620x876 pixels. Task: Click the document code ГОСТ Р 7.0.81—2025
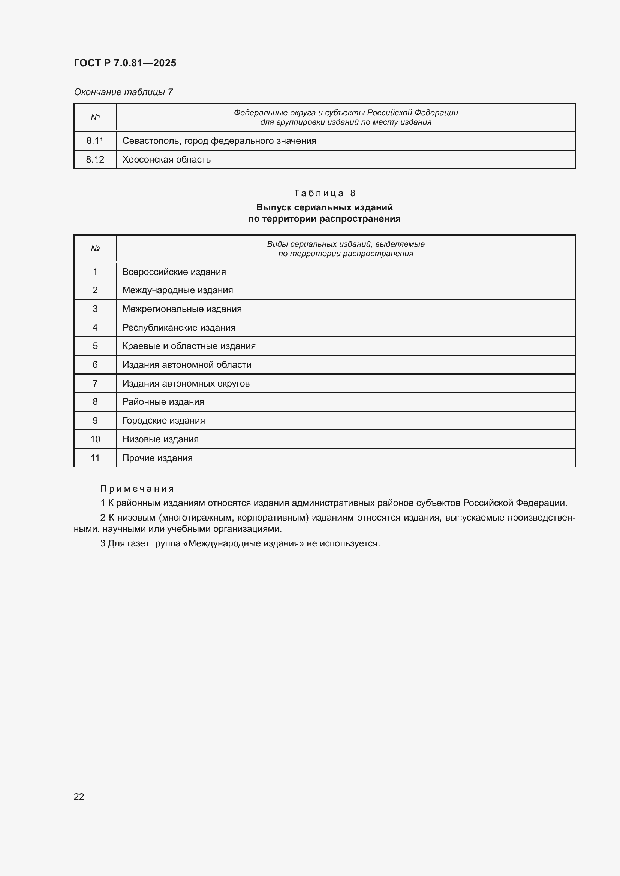[x=125, y=63]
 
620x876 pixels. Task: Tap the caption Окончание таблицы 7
[x=123, y=92]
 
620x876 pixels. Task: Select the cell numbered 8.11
[x=95, y=141]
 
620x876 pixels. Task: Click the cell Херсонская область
[x=166, y=160]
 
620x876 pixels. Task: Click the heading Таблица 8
[x=324, y=193]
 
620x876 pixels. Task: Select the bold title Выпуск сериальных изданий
[x=324, y=207]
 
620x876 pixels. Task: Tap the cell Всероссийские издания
[x=174, y=272]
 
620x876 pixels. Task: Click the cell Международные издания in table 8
[x=178, y=290]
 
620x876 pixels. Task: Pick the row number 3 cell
[x=95, y=309]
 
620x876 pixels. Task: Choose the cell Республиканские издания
[x=179, y=327]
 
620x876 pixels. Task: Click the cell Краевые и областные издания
[x=189, y=346]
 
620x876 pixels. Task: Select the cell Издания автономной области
[x=187, y=365]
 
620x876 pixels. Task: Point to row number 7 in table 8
[x=95, y=383]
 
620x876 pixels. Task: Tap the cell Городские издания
[x=163, y=421]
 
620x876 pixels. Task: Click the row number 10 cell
[x=95, y=439]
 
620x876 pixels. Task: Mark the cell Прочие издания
[x=157, y=458]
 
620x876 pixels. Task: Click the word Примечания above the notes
[x=137, y=489]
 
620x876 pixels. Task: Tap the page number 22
[x=79, y=797]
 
